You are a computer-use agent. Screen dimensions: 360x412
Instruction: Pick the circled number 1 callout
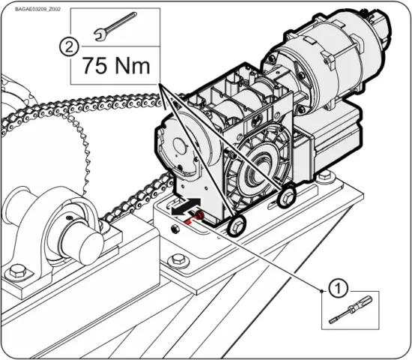tap(339, 286)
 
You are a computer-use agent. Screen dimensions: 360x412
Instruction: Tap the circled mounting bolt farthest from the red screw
tap(285, 199)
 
